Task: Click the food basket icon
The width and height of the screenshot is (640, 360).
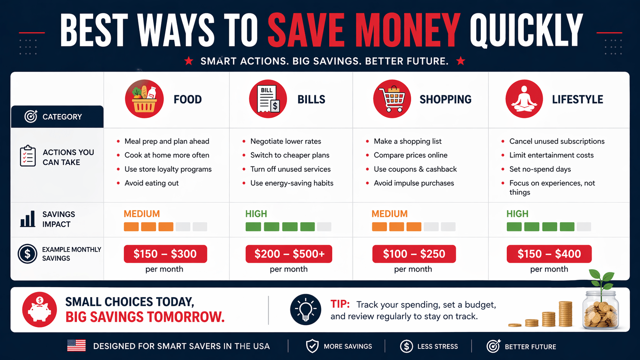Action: click(144, 99)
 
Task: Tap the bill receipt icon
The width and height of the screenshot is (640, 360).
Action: click(268, 99)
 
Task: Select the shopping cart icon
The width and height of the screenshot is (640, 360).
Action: click(392, 99)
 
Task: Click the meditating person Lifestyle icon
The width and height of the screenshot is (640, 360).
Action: click(524, 99)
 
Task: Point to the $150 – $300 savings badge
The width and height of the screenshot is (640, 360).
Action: click(165, 254)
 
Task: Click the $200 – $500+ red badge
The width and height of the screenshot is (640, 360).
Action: click(289, 254)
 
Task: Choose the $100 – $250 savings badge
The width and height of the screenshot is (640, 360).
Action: click(414, 254)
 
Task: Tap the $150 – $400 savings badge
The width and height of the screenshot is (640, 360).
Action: click(549, 254)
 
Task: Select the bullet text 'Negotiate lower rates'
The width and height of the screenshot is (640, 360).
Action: click(286, 141)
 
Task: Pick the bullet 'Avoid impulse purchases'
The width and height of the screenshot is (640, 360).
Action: click(414, 183)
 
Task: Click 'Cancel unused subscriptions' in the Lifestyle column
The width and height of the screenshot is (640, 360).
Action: click(557, 141)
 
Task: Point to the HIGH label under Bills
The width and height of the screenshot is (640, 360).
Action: click(256, 214)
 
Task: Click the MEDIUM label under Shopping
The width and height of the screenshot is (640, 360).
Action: click(390, 214)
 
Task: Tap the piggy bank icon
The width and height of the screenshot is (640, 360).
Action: click(39, 310)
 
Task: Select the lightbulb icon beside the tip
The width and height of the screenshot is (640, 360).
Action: click(305, 310)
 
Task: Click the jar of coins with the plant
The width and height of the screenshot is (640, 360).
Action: click(600, 306)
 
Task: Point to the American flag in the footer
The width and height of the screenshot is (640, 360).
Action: click(77, 346)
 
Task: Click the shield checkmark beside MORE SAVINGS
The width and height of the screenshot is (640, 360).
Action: click(312, 346)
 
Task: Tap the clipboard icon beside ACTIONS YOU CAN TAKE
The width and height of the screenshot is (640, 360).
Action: click(28, 156)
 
